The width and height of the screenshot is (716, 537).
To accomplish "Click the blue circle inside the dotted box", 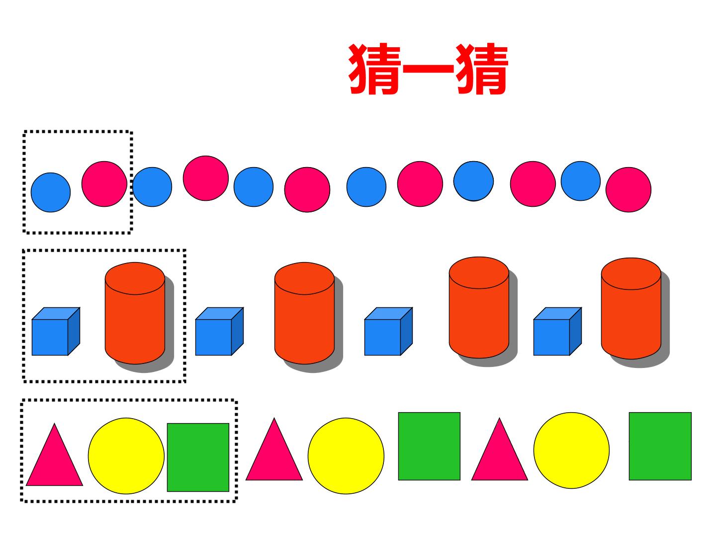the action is pyautogui.click(x=51, y=192).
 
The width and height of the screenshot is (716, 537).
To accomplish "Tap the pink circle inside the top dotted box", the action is pyautogui.click(x=104, y=184).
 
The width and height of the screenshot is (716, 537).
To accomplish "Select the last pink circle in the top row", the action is pyautogui.click(x=628, y=190).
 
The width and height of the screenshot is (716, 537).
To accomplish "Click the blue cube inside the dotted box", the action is pyautogui.click(x=56, y=331).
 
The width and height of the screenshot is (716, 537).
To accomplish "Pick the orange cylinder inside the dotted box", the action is pyautogui.click(x=135, y=313).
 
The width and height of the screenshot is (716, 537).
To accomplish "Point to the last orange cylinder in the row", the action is pyautogui.click(x=631, y=308).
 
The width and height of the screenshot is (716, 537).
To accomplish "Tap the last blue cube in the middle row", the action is pyautogui.click(x=557, y=331).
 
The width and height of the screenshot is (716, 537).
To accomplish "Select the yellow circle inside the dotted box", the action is pyautogui.click(x=126, y=456).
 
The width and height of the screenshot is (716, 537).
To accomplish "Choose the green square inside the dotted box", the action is pyautogui.click(x=198, y=457).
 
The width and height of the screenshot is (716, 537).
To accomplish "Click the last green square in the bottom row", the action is pyautogui.click(x=660, y=446).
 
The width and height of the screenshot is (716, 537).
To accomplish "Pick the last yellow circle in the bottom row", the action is pyautogui.click(x=571, y=450).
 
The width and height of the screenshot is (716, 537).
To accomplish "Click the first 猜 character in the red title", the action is pyautogui.click(x=374, y=69).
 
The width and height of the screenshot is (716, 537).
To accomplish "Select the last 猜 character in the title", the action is pyautogui.click(x=482, y=69).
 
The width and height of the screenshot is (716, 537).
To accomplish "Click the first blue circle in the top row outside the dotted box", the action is pyautogui.click(x=152, y=187).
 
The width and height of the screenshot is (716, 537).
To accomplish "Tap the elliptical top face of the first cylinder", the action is pyautogui.click(x=135, y=278).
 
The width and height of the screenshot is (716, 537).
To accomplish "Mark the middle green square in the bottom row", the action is pyautogui.click(x=429, y=446).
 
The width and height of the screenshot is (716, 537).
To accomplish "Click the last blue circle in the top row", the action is pyautogui.click(x=581, y=181).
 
